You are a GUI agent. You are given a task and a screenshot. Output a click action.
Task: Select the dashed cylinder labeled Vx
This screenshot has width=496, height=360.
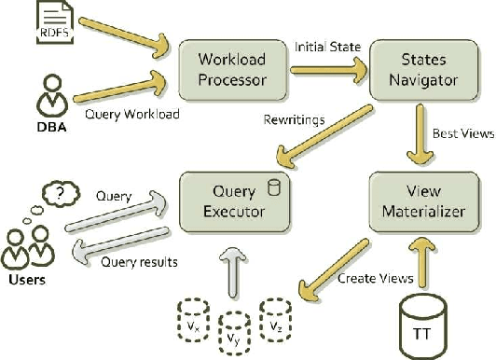[x=192, y=304]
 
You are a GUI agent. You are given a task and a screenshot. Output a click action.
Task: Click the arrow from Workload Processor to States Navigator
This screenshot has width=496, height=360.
[x=325, y=68]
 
